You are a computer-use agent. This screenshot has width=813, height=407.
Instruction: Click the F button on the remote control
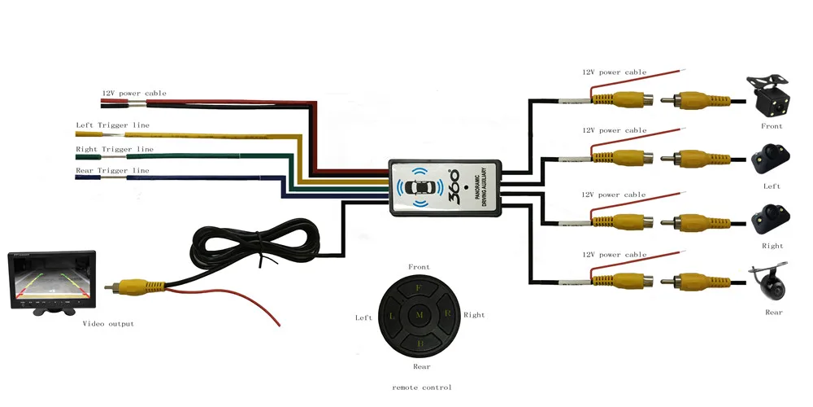(419, 288)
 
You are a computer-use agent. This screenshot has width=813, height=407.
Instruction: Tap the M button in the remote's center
(420, 315)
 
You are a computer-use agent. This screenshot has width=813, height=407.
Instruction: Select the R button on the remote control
(446, 313)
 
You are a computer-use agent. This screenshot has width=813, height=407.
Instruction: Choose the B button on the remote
(420, 343)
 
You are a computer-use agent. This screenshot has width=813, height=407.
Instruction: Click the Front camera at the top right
(768, 96)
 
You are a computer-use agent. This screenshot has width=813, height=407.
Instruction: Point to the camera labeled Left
(771, 159)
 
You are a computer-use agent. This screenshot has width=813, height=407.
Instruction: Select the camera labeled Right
(771, 218)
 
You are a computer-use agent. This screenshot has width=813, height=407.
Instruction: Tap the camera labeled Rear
(768, 283)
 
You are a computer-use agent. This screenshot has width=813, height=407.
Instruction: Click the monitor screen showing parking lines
(51, 279)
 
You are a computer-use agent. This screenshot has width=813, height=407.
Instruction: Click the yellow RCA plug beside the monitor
(135, 286)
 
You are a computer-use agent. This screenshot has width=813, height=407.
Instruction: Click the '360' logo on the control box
(452, 182)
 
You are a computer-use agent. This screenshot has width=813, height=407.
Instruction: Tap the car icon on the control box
(420, 187)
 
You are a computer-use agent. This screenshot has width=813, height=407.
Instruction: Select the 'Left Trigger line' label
(112, 125)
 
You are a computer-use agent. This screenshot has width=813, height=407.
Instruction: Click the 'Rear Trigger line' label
(112, 170)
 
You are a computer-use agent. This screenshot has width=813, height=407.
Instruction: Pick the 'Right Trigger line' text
(115, 149)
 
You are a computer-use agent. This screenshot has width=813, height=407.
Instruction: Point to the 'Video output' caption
(108, 323)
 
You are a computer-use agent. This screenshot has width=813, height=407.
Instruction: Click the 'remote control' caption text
(421, 387)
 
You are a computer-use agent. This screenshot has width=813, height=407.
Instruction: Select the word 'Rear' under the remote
(421, 366)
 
